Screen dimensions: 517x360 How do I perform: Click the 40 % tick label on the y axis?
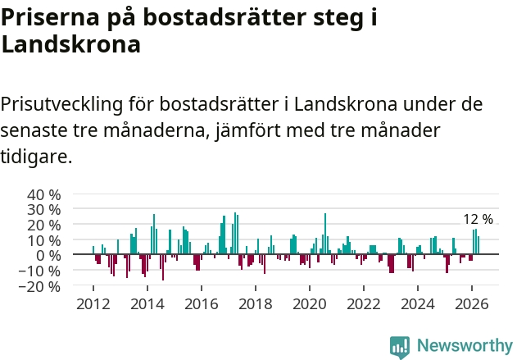(x=44, y=195)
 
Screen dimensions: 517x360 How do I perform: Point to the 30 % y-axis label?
(x=44, y=210)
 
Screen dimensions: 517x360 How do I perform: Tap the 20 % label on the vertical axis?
(x=44, y=226)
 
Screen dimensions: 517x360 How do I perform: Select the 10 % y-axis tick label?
(x=44, y=240)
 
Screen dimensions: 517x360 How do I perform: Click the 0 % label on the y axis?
(x=48, y=256)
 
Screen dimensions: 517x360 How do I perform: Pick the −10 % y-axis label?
(x=39, y=271)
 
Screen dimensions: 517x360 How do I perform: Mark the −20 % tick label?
(x=39, y=286)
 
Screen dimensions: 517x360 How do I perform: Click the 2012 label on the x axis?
(x=93, y=304)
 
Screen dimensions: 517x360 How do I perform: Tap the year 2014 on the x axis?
(x=147, y=304)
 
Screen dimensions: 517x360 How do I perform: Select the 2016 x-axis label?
(x=201, y=304)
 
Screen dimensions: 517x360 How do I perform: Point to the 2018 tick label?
(x=255, y=304)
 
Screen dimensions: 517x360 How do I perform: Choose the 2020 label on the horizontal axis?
(x=309, y=304)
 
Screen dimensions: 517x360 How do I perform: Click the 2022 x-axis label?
(x=363, y=304)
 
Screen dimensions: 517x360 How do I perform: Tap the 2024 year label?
(x=417, y=304)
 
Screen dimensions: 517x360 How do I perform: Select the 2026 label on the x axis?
(x=471, y=304)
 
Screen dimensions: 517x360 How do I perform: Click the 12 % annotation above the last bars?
(x=478, y=219)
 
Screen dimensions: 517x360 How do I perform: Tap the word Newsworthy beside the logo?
(x=465, y=345)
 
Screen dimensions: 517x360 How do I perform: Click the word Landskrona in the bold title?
(x=71, y=44)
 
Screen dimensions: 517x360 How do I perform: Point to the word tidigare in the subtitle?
(x=36, y=157)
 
